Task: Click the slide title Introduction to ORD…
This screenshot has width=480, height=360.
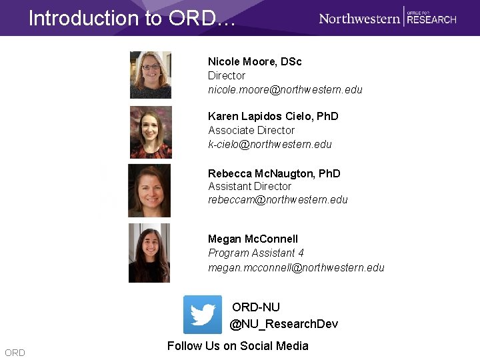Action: coord(132,18)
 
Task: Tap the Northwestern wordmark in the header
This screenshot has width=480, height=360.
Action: coord(359,18)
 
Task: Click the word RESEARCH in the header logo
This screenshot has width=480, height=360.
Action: coord(431,20)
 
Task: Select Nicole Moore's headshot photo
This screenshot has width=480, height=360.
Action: coord(151,75)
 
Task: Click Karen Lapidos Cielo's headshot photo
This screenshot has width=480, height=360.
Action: coord(151,132)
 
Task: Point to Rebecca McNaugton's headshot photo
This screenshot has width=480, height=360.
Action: coord(149,191)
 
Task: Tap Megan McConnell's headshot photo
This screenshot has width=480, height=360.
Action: coord(149,253)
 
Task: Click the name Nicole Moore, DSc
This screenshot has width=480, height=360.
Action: coord(255,61)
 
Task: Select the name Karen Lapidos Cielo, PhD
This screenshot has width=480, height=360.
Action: coord(273,116)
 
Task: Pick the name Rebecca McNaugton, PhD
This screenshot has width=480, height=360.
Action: coord(274,173)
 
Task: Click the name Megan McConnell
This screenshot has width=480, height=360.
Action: coord(253,239)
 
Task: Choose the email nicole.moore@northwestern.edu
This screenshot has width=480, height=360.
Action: coord(285,89)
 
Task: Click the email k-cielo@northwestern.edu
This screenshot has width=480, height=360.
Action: coord(270,144)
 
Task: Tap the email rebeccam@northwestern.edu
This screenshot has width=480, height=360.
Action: coord(278,199)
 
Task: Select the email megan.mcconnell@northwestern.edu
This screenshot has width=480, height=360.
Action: coord(296,267)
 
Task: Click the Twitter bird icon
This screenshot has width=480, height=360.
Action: coord(203,315)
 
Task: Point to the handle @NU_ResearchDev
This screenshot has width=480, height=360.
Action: coord(284,324)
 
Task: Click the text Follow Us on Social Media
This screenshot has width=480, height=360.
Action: coord(238,345)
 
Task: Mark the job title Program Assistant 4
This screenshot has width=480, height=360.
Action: coord(256,253)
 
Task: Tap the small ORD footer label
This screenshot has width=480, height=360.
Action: coord(15,353)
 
